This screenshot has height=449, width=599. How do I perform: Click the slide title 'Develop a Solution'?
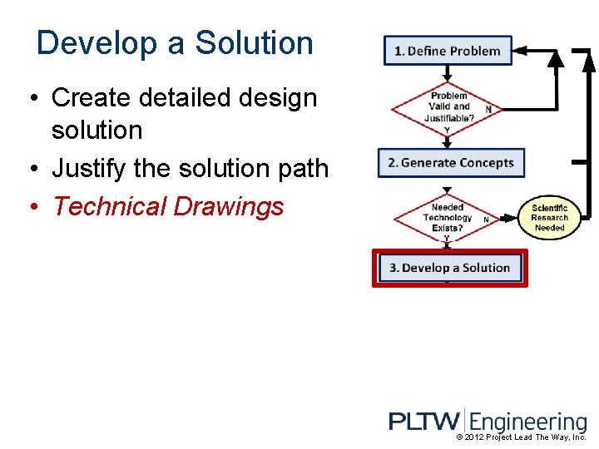pyautogui.click(x=175, y=43)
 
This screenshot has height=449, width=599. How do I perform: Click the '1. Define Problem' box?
pyautogui.click(x=448, y=51)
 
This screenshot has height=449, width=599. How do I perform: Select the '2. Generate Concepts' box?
pyautogui.click(x=451, y=162)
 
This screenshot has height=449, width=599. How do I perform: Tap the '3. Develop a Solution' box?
pyautogui.click(x=449, y=268)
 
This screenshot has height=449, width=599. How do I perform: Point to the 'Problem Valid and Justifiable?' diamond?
pyautogui.click(x=448, y=106)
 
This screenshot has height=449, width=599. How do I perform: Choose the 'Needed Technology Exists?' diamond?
pyautogui.click(x=447, y=218)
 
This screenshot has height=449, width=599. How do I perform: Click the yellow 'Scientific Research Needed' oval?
pyautogui.click(x=549, y=218)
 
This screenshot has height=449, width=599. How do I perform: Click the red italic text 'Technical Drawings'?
pyautogui.click(x=168, y=206)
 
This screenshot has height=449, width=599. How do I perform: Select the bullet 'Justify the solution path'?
pyautogui.click(x=191, y=169)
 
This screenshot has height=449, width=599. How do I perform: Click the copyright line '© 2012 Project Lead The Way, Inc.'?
pyautogui.click(x=522, y=437)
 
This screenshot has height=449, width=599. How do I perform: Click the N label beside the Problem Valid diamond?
pyautogui.click(x=488, y=109)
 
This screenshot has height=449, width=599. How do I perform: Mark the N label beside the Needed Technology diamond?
pyautogui.click(x=486, y=220)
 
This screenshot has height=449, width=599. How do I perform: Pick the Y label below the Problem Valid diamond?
pyautogui.click(x=447, y=130)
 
